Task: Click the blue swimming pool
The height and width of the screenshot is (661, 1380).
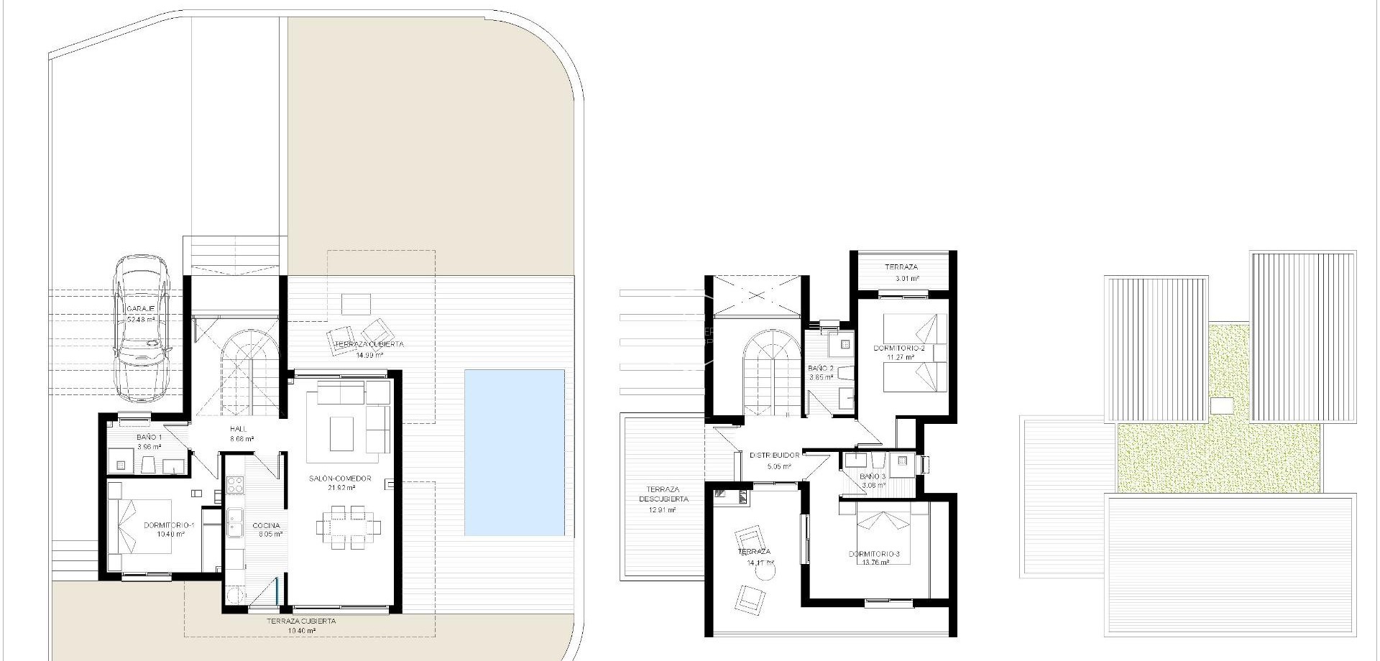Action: pos(514,452)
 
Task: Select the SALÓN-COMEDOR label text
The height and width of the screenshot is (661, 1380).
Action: pos(340,479)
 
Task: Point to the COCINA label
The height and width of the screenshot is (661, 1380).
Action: pos(266,525)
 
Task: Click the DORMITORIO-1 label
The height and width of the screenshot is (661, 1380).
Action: pos(165,525)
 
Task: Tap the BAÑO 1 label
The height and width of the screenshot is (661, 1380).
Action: pos(149,438)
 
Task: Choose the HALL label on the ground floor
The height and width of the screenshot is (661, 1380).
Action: pos(238,430)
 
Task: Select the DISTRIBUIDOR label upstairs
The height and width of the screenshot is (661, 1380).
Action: pos(774,456)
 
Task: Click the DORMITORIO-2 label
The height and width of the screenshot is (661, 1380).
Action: pos(898,348)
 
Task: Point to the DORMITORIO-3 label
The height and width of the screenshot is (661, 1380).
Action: pos(873,554)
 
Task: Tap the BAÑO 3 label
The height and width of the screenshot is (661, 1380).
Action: pos(873,476)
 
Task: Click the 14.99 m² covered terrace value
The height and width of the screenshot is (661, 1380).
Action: pos(369,354)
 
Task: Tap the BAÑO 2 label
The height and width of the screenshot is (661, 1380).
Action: pos(820,369)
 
